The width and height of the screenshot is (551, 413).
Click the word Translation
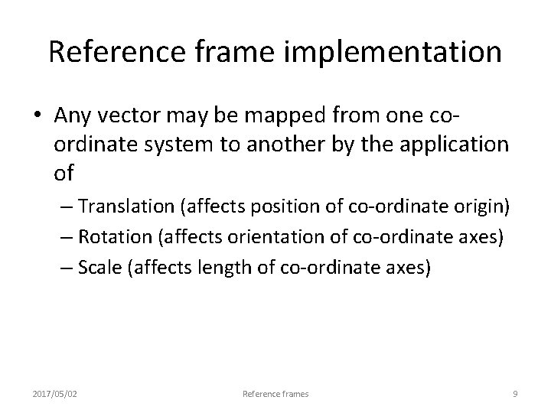point(131,207)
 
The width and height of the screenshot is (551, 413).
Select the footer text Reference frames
point(275,394)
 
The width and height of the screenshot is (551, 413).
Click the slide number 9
point(515,394)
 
